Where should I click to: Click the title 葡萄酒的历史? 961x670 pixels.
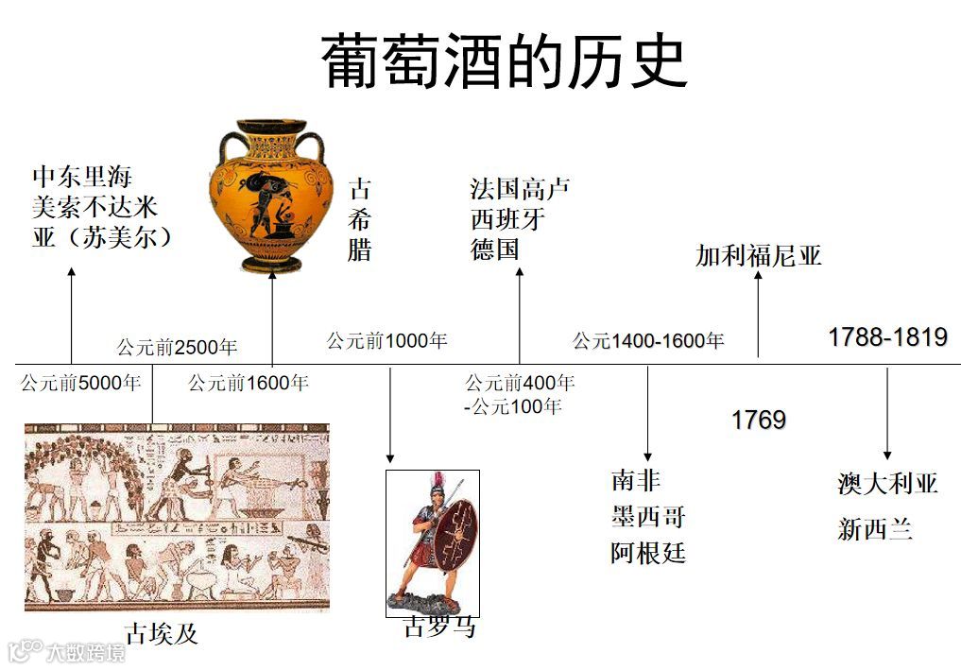(505, 61)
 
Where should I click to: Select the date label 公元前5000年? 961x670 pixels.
(80, 384)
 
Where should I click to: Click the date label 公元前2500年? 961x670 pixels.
(177, 347)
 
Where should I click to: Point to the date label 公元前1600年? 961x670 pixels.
(248, 384)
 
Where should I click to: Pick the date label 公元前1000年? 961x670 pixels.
(386, 341)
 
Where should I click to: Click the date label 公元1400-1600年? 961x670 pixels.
(647, 341)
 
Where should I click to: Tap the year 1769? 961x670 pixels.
(758, 421)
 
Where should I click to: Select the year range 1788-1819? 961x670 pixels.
(886, 337)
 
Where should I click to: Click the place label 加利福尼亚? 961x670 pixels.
(759, 256)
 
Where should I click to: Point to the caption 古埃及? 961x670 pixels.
(162, 633)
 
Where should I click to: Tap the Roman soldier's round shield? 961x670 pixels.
(456, 534)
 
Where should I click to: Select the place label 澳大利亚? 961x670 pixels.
(887, 484)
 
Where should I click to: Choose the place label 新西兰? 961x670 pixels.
(875, 529)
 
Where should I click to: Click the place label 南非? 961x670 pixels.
(635, 481)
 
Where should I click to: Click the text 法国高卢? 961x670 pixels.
(520, 188)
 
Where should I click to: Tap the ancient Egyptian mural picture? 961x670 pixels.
(177, 518)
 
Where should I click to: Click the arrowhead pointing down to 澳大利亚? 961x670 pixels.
(886, 454)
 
